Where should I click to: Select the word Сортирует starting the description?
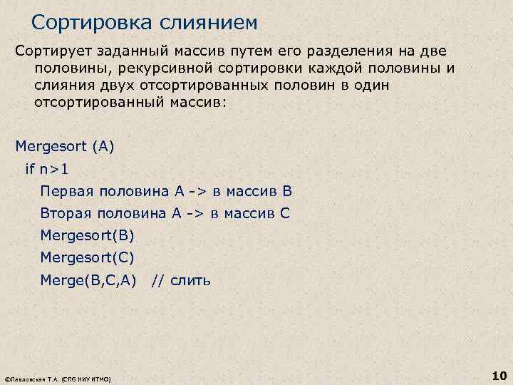[53, 52]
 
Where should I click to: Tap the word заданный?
[128, 52]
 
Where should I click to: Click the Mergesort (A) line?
[65, 148]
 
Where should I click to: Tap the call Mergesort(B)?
[87, 235]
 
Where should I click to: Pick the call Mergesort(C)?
[87, 257]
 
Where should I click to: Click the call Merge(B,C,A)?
[88, 279]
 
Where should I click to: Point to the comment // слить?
[180, 279]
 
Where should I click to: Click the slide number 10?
[498, 374]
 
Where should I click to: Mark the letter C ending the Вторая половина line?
[285, 213]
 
